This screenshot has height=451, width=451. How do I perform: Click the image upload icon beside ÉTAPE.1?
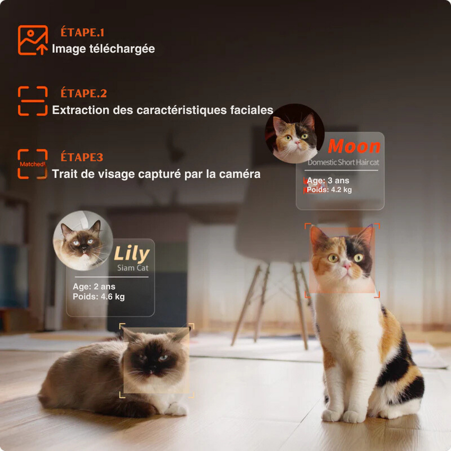[33, 40]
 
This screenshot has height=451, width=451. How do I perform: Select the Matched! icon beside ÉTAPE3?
[32, 164]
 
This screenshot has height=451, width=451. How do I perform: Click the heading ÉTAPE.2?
[83, 93]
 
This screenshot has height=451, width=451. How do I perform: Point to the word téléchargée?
[122, 49]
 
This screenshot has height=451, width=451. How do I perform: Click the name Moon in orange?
[354, 146]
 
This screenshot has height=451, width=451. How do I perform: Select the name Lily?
[132, 254]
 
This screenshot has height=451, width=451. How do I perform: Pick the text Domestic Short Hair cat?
[343, 162]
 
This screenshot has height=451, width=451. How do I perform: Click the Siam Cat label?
[133, 268]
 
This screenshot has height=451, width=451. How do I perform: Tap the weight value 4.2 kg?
[341, 190]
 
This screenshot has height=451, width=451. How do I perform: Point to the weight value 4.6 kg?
[112, 297]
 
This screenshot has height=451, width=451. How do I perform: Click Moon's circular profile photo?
[294, 133]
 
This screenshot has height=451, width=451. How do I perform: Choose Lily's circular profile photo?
[83, 241]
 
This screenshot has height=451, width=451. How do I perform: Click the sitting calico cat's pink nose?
[347, 266]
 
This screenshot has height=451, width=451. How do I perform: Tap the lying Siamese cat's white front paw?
[176, 409]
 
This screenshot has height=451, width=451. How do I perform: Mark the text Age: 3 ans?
[328, 180]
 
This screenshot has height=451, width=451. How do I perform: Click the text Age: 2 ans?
[94, 287]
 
